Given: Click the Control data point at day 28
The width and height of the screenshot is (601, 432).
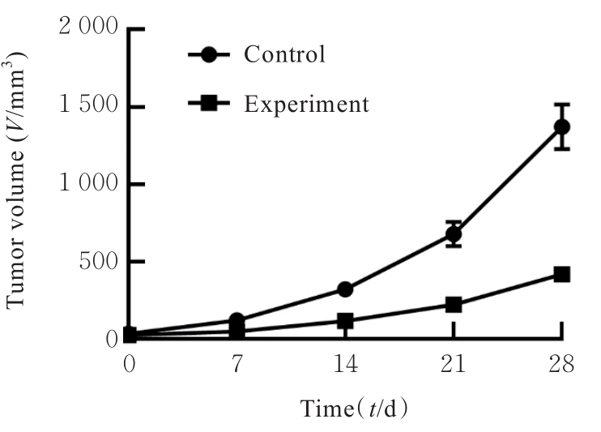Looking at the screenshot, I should click(x=561, y=126).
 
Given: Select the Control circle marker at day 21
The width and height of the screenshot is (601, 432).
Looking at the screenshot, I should click(x=454, y=235).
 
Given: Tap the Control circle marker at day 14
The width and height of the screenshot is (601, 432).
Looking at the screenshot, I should click(x=345, y=289).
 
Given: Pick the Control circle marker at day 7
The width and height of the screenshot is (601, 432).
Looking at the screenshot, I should click(x=237, y=321).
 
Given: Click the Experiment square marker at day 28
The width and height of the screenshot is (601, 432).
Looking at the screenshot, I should click(x=561, y=275).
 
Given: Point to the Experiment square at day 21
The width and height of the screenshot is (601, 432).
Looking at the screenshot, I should click(x=454, y=305).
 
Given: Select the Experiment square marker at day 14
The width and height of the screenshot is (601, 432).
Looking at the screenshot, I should click(x=345, y=322).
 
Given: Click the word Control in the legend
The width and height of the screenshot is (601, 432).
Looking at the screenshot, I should click(x=284, y=55).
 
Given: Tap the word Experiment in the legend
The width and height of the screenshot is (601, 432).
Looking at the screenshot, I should click(x=306, y=104).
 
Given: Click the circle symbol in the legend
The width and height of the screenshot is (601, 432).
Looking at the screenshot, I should click(x=210, y=55).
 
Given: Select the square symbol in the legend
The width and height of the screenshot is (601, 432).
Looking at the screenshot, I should click(x=210, y=104).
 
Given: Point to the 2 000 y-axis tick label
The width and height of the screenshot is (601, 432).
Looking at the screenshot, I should click(x=89, y=29).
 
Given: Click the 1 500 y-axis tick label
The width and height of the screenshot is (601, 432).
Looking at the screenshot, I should click(x=89, y=107).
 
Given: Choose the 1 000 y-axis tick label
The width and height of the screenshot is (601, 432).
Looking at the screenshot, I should click(x=89, y=185).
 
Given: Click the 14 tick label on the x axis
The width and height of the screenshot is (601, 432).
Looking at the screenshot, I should click(x=345, y=364).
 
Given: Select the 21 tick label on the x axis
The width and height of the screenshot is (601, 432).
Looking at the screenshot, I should click(x=453, y=364).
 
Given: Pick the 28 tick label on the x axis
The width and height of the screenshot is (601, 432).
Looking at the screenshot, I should click(x=561, y=364).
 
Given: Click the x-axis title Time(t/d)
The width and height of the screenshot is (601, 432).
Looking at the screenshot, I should click(x=355, y=407).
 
